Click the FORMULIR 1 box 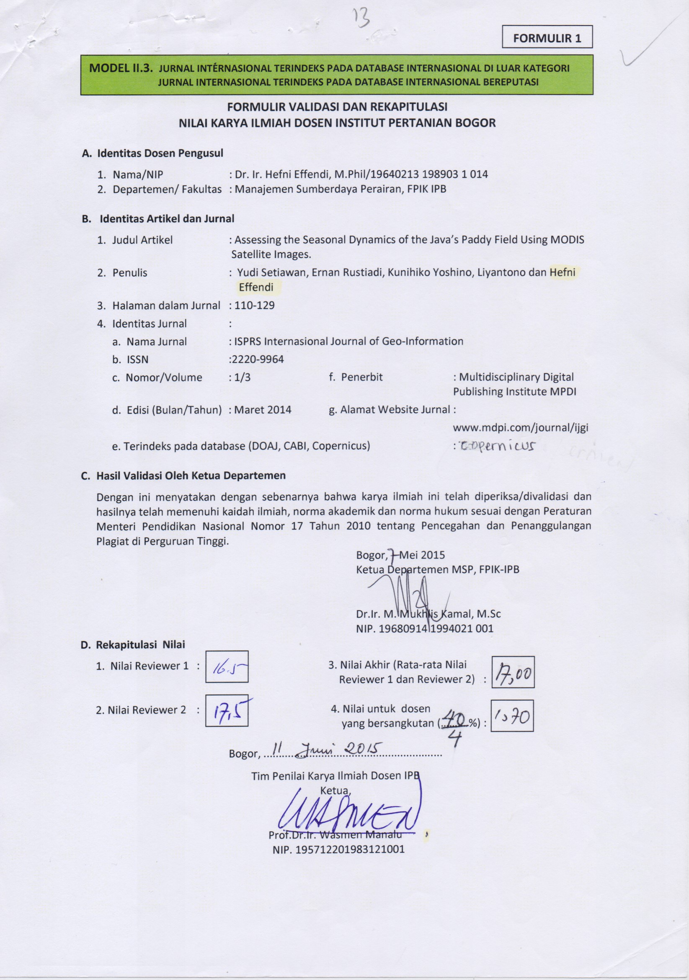(547, 38)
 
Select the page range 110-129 (254, 305)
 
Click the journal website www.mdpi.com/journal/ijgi (521, 428)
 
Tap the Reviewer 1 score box (227, 667)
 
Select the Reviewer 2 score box (227, 711)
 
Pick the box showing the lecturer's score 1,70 (512, 716)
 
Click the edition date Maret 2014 (263, 410)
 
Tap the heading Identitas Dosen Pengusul (160, 153)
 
